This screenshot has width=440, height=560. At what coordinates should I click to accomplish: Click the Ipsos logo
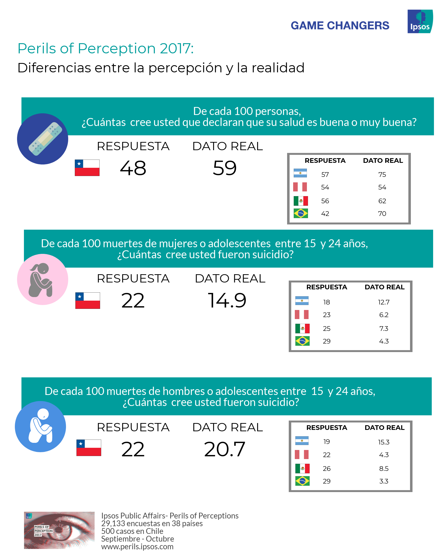point(420,21)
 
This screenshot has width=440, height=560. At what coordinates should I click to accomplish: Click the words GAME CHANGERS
point(340,26)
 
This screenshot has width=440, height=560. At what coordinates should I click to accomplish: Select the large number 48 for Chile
point(133,168)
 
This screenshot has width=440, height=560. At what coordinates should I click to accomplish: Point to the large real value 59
point(225,168)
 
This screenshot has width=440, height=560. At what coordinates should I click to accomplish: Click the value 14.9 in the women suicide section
point(227,300)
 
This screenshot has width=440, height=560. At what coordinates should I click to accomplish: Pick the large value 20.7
point(224,449)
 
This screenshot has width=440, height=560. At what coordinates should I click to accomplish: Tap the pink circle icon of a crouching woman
point(42,279)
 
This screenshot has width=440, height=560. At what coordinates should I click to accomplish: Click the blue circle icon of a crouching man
point(40,426)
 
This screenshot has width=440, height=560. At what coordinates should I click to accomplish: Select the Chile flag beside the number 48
point(87,168)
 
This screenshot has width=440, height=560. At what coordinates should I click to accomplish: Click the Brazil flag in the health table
point(301,213)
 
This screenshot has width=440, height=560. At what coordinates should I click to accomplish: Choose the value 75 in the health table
point(382,175)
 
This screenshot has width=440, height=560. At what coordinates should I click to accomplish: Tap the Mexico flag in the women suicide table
point(302,328)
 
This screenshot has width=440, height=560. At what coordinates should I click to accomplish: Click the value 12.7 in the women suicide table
point(384,302)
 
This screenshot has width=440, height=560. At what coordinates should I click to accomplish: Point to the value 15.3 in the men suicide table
point(384,442)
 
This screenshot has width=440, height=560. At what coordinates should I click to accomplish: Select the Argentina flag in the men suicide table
point(302,441)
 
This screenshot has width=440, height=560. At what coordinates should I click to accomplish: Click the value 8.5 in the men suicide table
point(384,469)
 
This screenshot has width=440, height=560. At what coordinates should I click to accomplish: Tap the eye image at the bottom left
point(59,530)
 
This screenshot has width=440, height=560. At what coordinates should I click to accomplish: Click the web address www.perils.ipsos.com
point(137,547)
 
